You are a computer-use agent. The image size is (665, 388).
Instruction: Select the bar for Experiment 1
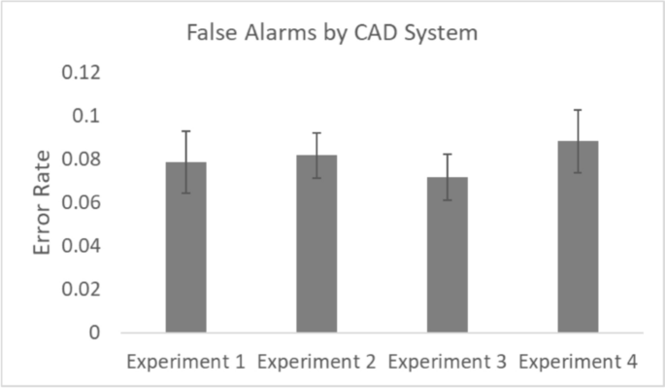(185, 248)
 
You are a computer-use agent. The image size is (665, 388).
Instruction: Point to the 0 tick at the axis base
(95, 333)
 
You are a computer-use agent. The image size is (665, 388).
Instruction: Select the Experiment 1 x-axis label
(186, 362)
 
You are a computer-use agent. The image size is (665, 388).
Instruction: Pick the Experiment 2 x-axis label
(316, 362)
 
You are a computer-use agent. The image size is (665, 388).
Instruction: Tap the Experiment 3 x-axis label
(448, 362)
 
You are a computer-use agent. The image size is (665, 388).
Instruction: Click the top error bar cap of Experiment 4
(578, 110)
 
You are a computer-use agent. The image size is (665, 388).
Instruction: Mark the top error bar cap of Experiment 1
(185, 131)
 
